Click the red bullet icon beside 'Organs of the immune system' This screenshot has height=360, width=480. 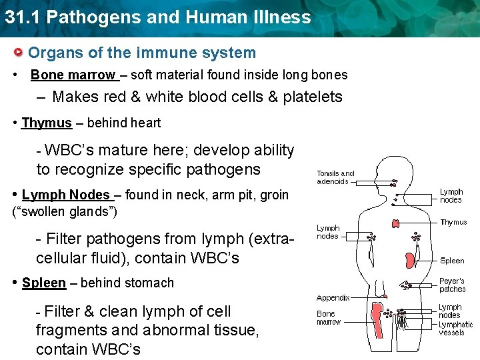(21, 53)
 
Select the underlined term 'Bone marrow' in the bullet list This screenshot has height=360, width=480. (73, 75)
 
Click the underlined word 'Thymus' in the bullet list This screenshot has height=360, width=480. (47, 123)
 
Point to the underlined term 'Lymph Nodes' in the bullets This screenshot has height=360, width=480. (66, 195)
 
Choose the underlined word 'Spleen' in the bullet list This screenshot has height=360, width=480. (44, 283)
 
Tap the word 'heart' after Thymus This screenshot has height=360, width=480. (146, 123)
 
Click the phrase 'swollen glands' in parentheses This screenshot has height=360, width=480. (65, 212)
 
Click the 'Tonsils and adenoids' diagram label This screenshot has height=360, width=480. (335, 177)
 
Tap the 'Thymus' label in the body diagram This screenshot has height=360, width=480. (453, 223)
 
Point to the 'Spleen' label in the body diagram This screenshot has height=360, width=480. (452, 261)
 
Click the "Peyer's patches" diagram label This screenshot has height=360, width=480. (452, 285)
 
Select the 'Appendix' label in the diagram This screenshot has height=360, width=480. (333, 298)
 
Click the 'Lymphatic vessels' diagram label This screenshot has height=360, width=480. (455, 328)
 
